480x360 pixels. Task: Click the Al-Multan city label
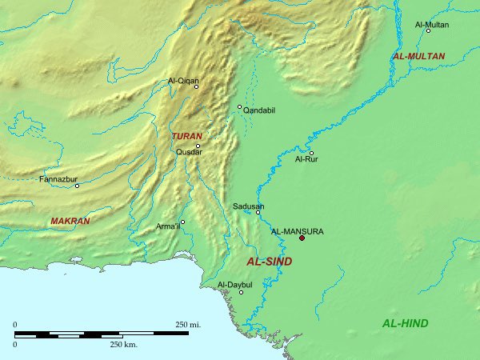[x=431, y=26]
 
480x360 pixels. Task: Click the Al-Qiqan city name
[x=182, y=80]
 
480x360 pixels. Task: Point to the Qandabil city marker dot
[x=239, y=106]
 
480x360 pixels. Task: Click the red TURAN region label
[x=186, y=137]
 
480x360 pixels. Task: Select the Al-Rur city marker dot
[x=311, y=153]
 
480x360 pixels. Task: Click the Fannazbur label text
[x=57, y=179]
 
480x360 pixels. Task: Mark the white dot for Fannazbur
[x=77, y=186]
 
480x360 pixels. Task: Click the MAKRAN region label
[x=70, y=221]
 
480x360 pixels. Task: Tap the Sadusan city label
[x=248, y=206]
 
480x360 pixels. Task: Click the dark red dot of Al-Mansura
[x=302, y=238]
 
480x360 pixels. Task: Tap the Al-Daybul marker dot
[x=241, y=292]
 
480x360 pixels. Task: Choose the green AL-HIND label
[x=405, y=323]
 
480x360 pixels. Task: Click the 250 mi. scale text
[x=188, y=324]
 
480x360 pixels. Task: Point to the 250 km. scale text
[x=125, y=343]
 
